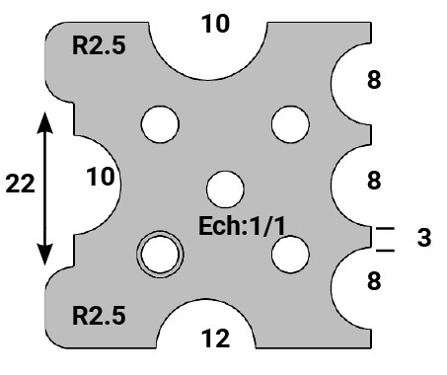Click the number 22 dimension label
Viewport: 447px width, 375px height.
[x=21, y=184]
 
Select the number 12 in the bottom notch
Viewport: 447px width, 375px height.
[x=214, y=339]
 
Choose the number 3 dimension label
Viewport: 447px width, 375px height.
[x=421, y=238]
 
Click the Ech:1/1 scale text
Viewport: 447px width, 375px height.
[x=242, y=223]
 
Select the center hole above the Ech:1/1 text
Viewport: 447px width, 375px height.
[x=225, y=187]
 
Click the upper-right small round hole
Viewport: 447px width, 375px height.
[x=288, y=124]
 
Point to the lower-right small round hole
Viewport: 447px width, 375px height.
[x=288, y=255]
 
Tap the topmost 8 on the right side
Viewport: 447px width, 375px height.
[x=373, y=81]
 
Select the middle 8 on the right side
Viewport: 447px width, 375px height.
[x=373, y=181]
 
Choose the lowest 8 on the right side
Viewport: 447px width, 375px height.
[x=373, y=281]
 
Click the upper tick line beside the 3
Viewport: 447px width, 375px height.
[x=384, y=229]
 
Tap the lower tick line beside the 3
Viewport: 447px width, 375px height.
[x=384, y=248]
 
